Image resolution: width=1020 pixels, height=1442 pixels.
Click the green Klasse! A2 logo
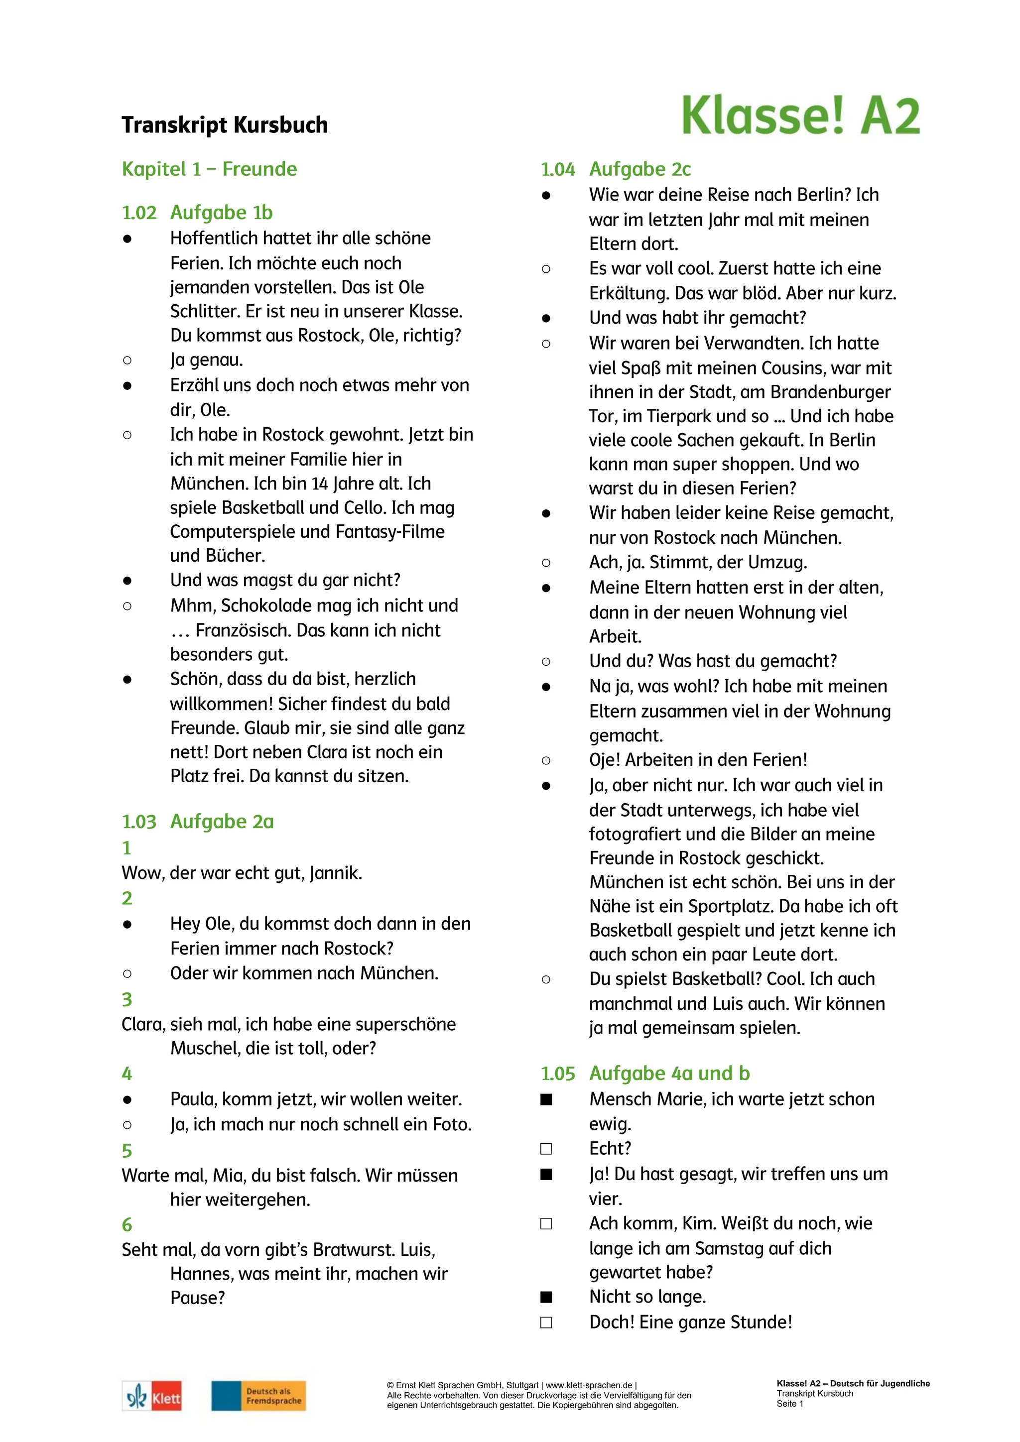pos(800,116)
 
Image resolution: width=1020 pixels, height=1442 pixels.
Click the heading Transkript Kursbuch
pos(224,125)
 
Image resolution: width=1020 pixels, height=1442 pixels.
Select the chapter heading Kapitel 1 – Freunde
pos(209,169)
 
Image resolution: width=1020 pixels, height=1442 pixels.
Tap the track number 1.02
pos(139,213)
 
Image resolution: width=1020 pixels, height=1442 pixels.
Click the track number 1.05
pos(558,1074)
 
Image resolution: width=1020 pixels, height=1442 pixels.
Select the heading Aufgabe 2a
pos(222,822)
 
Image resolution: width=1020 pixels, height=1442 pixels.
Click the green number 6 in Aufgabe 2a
pos(127,1225)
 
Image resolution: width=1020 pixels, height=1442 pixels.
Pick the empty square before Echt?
pos(546,1149)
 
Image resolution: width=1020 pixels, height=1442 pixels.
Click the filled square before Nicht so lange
pos(546,1297)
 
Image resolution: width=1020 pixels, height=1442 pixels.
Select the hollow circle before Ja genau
pos(127,360)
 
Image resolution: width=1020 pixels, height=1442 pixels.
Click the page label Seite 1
pos(789,1404)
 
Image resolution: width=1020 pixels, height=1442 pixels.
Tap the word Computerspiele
pos(233,532)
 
